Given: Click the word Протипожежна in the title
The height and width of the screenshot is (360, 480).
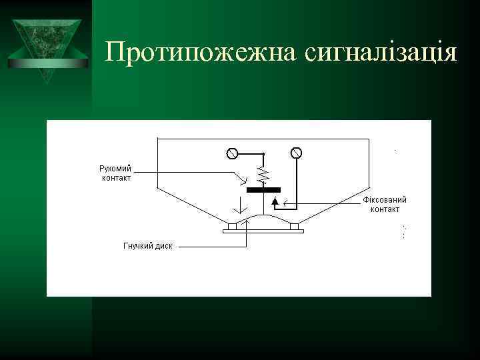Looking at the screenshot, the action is [x=200, y=52].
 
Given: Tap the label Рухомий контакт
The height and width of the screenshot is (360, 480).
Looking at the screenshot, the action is [x=115, y=173].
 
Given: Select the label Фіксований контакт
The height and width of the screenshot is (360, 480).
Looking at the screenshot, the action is [x=385, y=204].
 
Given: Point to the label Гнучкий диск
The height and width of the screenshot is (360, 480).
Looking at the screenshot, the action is [x=147, y=245].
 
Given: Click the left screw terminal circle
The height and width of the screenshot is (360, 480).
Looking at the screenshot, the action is [x=232, y=153].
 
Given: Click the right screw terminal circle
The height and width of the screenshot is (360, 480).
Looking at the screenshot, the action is [x=296, y=153].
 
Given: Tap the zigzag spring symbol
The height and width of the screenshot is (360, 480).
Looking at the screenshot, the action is [x=263, y=175].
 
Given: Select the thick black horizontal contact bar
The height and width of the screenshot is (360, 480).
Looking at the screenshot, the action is [x=263, y=190].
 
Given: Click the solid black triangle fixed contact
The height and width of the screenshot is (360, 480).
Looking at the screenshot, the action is [x=275, y=199].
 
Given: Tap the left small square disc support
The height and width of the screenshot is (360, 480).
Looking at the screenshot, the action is [x=231, y=226].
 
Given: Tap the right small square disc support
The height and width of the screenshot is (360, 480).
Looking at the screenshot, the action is [x=294, y=226].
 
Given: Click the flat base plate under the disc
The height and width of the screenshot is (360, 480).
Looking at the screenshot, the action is [x=263, y=231].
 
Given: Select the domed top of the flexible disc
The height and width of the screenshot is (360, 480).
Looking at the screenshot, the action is [x=263, y=218].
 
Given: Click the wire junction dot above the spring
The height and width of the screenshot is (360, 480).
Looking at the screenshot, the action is [x=263, y=153].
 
